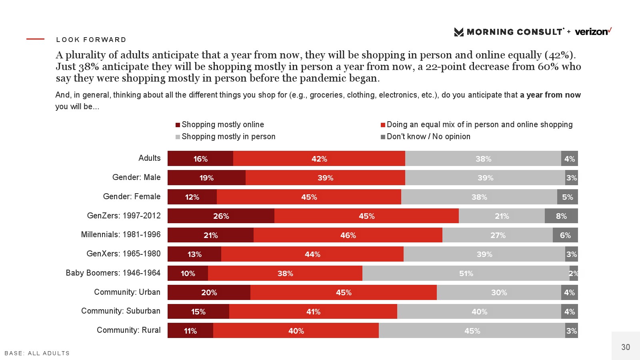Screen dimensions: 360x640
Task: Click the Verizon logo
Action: coord(593,32)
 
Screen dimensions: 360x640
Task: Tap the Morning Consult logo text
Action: coord(514,32)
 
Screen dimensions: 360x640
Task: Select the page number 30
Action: coord(626,347)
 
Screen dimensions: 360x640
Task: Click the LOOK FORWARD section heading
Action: coord(91,40)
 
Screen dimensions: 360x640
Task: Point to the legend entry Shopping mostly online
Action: coord(222,125)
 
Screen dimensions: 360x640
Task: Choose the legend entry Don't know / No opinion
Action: coord(428,137)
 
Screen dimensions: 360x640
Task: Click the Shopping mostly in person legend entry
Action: coord(228,137)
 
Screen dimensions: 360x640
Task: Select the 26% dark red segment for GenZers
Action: coord(221,216)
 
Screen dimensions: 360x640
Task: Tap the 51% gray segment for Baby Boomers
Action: coord(466,274)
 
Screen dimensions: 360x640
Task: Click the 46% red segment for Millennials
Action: coord(348,235)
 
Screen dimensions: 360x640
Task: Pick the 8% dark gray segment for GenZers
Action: coord(561,216)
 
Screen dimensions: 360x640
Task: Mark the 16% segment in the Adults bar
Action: coord(200,159)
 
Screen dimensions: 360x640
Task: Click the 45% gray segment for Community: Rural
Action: coord(472,331)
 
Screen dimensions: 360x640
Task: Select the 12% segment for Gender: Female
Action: coord(192,197)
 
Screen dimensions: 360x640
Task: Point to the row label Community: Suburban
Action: coord(121,311)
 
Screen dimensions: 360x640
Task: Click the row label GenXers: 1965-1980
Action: coord(124,254)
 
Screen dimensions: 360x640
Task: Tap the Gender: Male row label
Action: coord(136,178)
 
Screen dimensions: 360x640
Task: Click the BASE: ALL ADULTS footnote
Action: coord(37,353)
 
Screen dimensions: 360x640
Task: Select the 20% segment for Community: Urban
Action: coord(209,292)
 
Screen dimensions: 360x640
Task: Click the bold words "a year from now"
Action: coord(550,95)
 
